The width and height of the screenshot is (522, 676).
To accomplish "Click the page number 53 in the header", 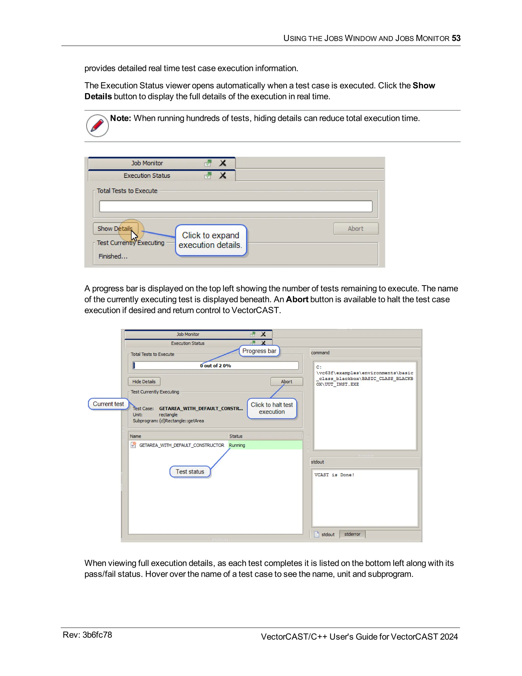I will pyautogui.click(x=456, y=38).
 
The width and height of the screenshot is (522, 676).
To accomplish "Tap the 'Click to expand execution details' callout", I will pyautogui.click(x=211, y=240).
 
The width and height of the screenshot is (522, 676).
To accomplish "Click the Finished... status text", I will pyautogui.click(x=113, y=256).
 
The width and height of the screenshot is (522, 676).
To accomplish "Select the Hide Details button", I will pyautogui.click(x=144, y=381).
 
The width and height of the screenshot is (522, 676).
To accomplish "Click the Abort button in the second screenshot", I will pyautogui.click(x=286, y=381).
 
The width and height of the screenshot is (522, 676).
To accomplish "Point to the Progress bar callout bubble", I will pyautogui.click(x=259, y=351).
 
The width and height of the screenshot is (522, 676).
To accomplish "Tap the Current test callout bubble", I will pyautogui.click(x=108, y=404).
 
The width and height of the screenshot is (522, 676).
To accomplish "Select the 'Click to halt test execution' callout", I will pyautogui.click(x=271, y=408).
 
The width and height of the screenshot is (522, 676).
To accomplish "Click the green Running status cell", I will pyautogui.click(x=265, y=445).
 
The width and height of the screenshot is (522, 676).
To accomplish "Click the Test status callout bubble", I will pyautogui.click(x=190, y=472).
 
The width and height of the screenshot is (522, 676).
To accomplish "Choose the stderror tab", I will pyautogui.click(x=352, y=534).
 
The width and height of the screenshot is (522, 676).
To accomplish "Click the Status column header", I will pyautogui.click(x=236, y=436).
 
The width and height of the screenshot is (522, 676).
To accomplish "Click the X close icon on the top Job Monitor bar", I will pyautogui.click(x=223, y=163).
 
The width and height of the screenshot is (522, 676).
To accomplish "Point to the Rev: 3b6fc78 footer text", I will pyautogui.click(x=87, y=635).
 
